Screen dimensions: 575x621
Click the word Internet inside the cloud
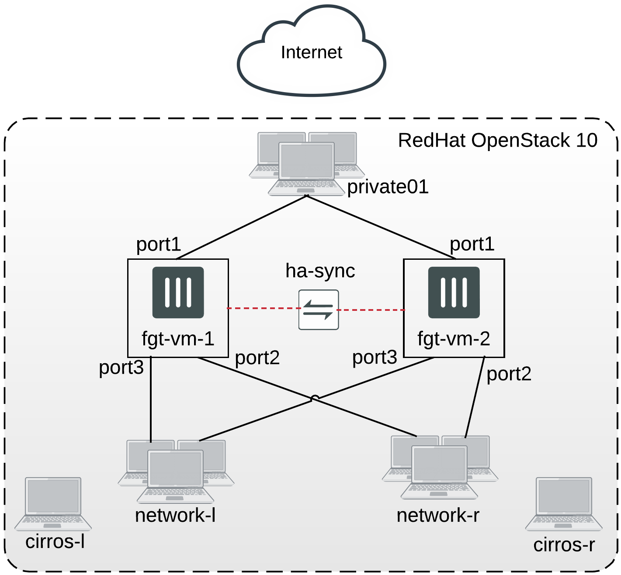pyautogui.click(x=311, y=52)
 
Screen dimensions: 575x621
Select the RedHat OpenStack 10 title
pyautogui.click(x=497, y=141)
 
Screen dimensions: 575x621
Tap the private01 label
pyautogui.click(x=388, y=187)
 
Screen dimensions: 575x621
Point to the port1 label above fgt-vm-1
pyautogui.click(x=158, y=244)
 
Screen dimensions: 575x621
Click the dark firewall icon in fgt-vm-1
pyautogui.click(x=178, y=293)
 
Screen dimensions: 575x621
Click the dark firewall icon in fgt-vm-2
pyautogui.click(x=454, y=293)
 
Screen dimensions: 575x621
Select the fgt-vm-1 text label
pyautogui.click(x=178, y=339)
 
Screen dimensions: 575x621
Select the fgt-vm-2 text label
pyautogui.click(x=454, y=339)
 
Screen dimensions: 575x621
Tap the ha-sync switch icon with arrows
pyautogui.click(x=319, y=310)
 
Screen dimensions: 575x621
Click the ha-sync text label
pyautogui.click(x=320, y=271)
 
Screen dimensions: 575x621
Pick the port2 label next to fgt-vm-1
pyautogui.click(x=257, y=358)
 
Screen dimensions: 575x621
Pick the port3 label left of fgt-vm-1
pyautogui.click(x=121, y=367)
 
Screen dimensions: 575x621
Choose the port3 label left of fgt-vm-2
pyautogui.click(x=375, y=358)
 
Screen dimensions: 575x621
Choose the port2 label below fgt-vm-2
pyautogui.click(x=509, y=374)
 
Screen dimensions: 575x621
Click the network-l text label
pyautogui.click(x=175, y=516)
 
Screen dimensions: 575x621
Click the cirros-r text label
pyautogui.click(x=564, y=545)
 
